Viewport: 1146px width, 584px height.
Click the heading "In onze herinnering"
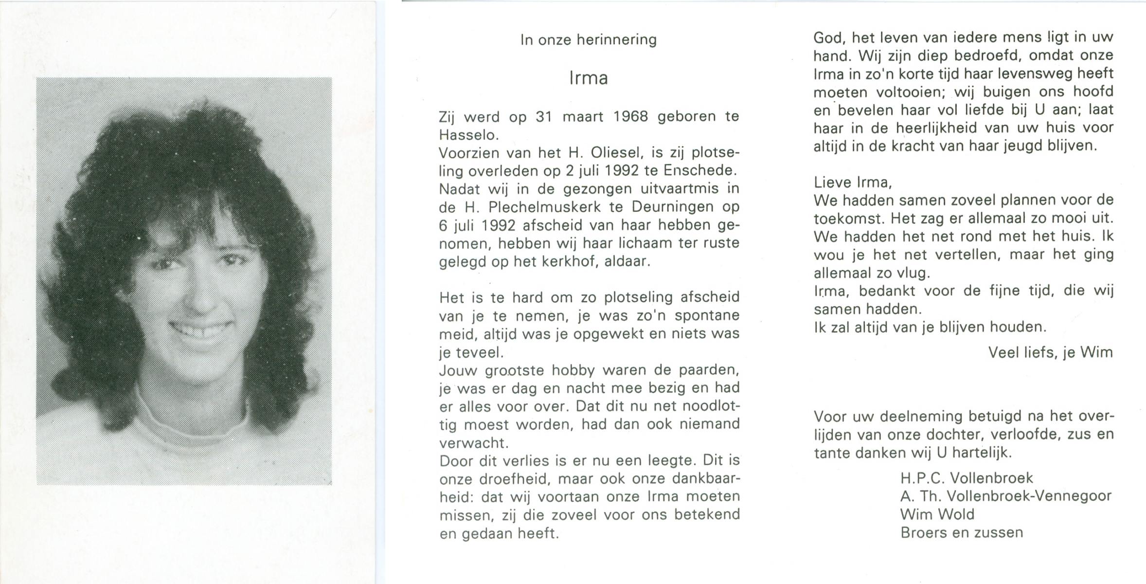tap(588, 39)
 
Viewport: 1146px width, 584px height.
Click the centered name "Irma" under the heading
tap(588, 78)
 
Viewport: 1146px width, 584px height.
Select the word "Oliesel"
tap(610, 153)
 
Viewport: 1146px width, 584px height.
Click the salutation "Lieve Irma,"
tap(853, 182)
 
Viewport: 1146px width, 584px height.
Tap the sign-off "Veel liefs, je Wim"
tap(1050, 352)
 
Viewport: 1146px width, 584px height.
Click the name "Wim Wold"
tap(937, 514)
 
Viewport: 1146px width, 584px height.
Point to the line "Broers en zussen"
tap(961, 533)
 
